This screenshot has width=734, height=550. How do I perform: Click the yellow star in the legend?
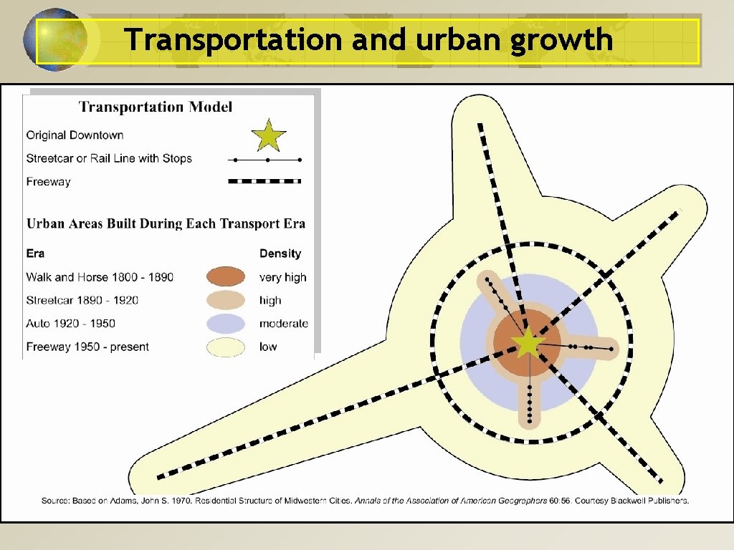[x=269, y=135]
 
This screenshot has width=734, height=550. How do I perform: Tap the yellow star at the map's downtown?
[x=528, y=343]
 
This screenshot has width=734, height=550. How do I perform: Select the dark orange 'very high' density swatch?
[x=227, y=277]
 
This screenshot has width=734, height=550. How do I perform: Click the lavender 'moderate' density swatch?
[x=227, y=324]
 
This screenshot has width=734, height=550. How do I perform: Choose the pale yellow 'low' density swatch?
[x=227, y=347]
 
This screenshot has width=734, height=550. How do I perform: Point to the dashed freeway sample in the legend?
[x=264, y=182]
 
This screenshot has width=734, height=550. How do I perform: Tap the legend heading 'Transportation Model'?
[x=156, y=107]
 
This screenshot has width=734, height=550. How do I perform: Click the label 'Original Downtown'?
[x=75, y=135]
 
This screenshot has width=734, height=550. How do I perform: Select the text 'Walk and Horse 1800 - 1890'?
[x=100, y=277]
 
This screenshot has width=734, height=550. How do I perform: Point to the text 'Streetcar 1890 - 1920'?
[x=82, y=301]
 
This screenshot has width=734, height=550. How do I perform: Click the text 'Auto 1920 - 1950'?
[x=71, y=324]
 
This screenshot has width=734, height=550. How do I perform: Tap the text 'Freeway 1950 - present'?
[x=87, y=347]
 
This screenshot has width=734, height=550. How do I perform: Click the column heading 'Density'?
[x=280, y=254]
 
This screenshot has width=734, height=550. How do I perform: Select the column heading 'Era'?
[x=35, y=254]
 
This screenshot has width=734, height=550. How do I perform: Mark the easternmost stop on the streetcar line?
[x=611, y=349]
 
